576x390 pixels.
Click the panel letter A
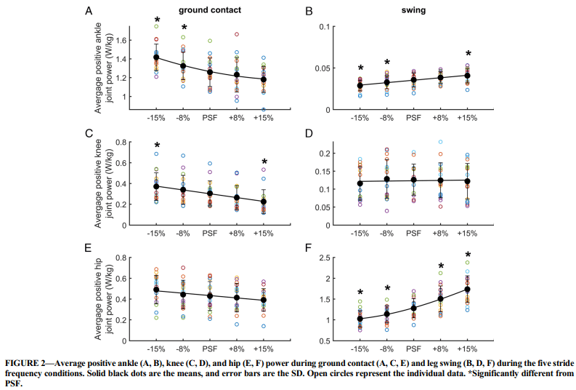89,12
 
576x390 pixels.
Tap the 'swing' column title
413,11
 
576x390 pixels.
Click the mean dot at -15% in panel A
157,57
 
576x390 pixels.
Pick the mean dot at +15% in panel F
468,289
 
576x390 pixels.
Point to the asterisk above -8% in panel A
184,28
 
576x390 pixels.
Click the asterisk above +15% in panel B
468,54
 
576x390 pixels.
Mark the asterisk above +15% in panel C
264,162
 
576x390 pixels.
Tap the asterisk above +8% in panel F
441,266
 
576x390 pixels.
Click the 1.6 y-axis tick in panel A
121,40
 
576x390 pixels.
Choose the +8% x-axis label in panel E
237,348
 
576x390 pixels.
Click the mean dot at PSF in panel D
413,180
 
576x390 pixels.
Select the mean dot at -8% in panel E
184,294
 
